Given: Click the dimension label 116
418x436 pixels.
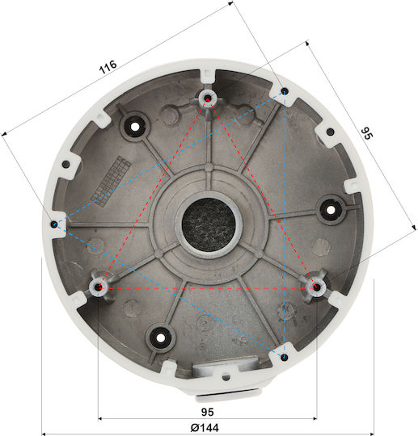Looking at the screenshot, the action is coord(108,67).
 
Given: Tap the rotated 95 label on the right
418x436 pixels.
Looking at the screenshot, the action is coord(367,133).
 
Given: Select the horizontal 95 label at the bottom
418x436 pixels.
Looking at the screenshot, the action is coord(208,412).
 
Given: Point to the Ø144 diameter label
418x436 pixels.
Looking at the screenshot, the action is coord(205,427).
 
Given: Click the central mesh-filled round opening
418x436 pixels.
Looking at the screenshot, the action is coord(209,224).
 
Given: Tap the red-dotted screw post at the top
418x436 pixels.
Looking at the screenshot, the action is coord(208,98).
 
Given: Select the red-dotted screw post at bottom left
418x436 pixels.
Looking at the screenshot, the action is coord(98,287).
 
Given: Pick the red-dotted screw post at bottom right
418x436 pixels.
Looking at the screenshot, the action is coord(316,287).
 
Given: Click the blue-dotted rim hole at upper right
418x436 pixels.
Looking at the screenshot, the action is coord(285,91).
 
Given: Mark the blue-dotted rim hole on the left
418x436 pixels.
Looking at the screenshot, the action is coord(54,224).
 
